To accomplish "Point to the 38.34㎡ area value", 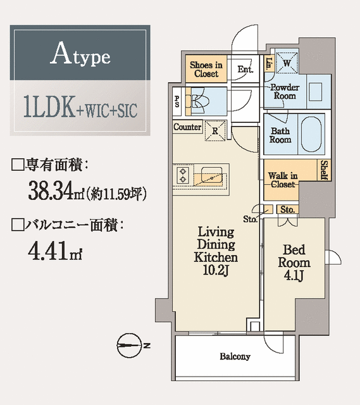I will click(x=56, y=190).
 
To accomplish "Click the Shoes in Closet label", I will click(x=206, y=69).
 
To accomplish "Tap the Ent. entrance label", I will click(x=245, y=70).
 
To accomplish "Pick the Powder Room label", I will click(x=283, y=92).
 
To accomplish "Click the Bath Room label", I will click(x=280, y=135).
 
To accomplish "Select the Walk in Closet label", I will click(x=282, y=179).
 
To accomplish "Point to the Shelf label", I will click(x=323, y=170).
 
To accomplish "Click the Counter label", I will click(x=187, y=127).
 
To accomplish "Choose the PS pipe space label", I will click(x=177, y=101).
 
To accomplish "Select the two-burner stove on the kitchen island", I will click(x=183, y=175).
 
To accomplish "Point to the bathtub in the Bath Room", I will click(x=312, y=135).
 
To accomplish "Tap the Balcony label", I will click(x=235, y=356).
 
